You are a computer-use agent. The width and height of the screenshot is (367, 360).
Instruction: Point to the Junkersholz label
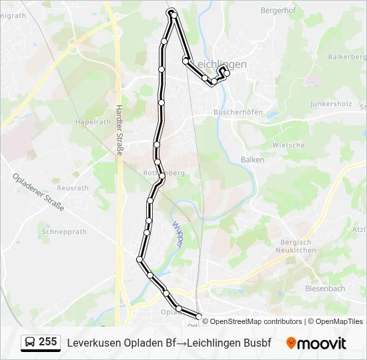[x=330, y=104]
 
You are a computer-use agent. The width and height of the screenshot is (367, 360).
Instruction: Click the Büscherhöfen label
[x=238, y=112]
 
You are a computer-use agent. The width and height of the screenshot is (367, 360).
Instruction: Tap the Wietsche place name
[x=288, y=145]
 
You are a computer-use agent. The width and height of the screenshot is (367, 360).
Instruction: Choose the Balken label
[x=252, y=160]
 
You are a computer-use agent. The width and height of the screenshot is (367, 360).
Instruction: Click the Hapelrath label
[x=93, y=122]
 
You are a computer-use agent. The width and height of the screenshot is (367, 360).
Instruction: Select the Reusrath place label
[x=73, y=188]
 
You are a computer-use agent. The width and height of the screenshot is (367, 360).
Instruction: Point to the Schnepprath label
[x=64, y=232]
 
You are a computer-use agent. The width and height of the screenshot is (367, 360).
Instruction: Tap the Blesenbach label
[x=325, y=289]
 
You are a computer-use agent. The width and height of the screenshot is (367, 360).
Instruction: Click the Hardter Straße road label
[x=119, y=130]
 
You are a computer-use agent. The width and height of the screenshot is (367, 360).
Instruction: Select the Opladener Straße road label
[x=38, y=192]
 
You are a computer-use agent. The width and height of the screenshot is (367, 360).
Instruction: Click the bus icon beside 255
[x=30, y=343]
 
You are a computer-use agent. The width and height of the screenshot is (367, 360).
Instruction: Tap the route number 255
[x=47, y=342]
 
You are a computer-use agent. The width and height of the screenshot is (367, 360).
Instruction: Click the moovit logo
[x=316, y=343]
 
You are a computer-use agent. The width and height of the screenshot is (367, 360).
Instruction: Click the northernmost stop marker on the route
[x=172, y=12]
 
